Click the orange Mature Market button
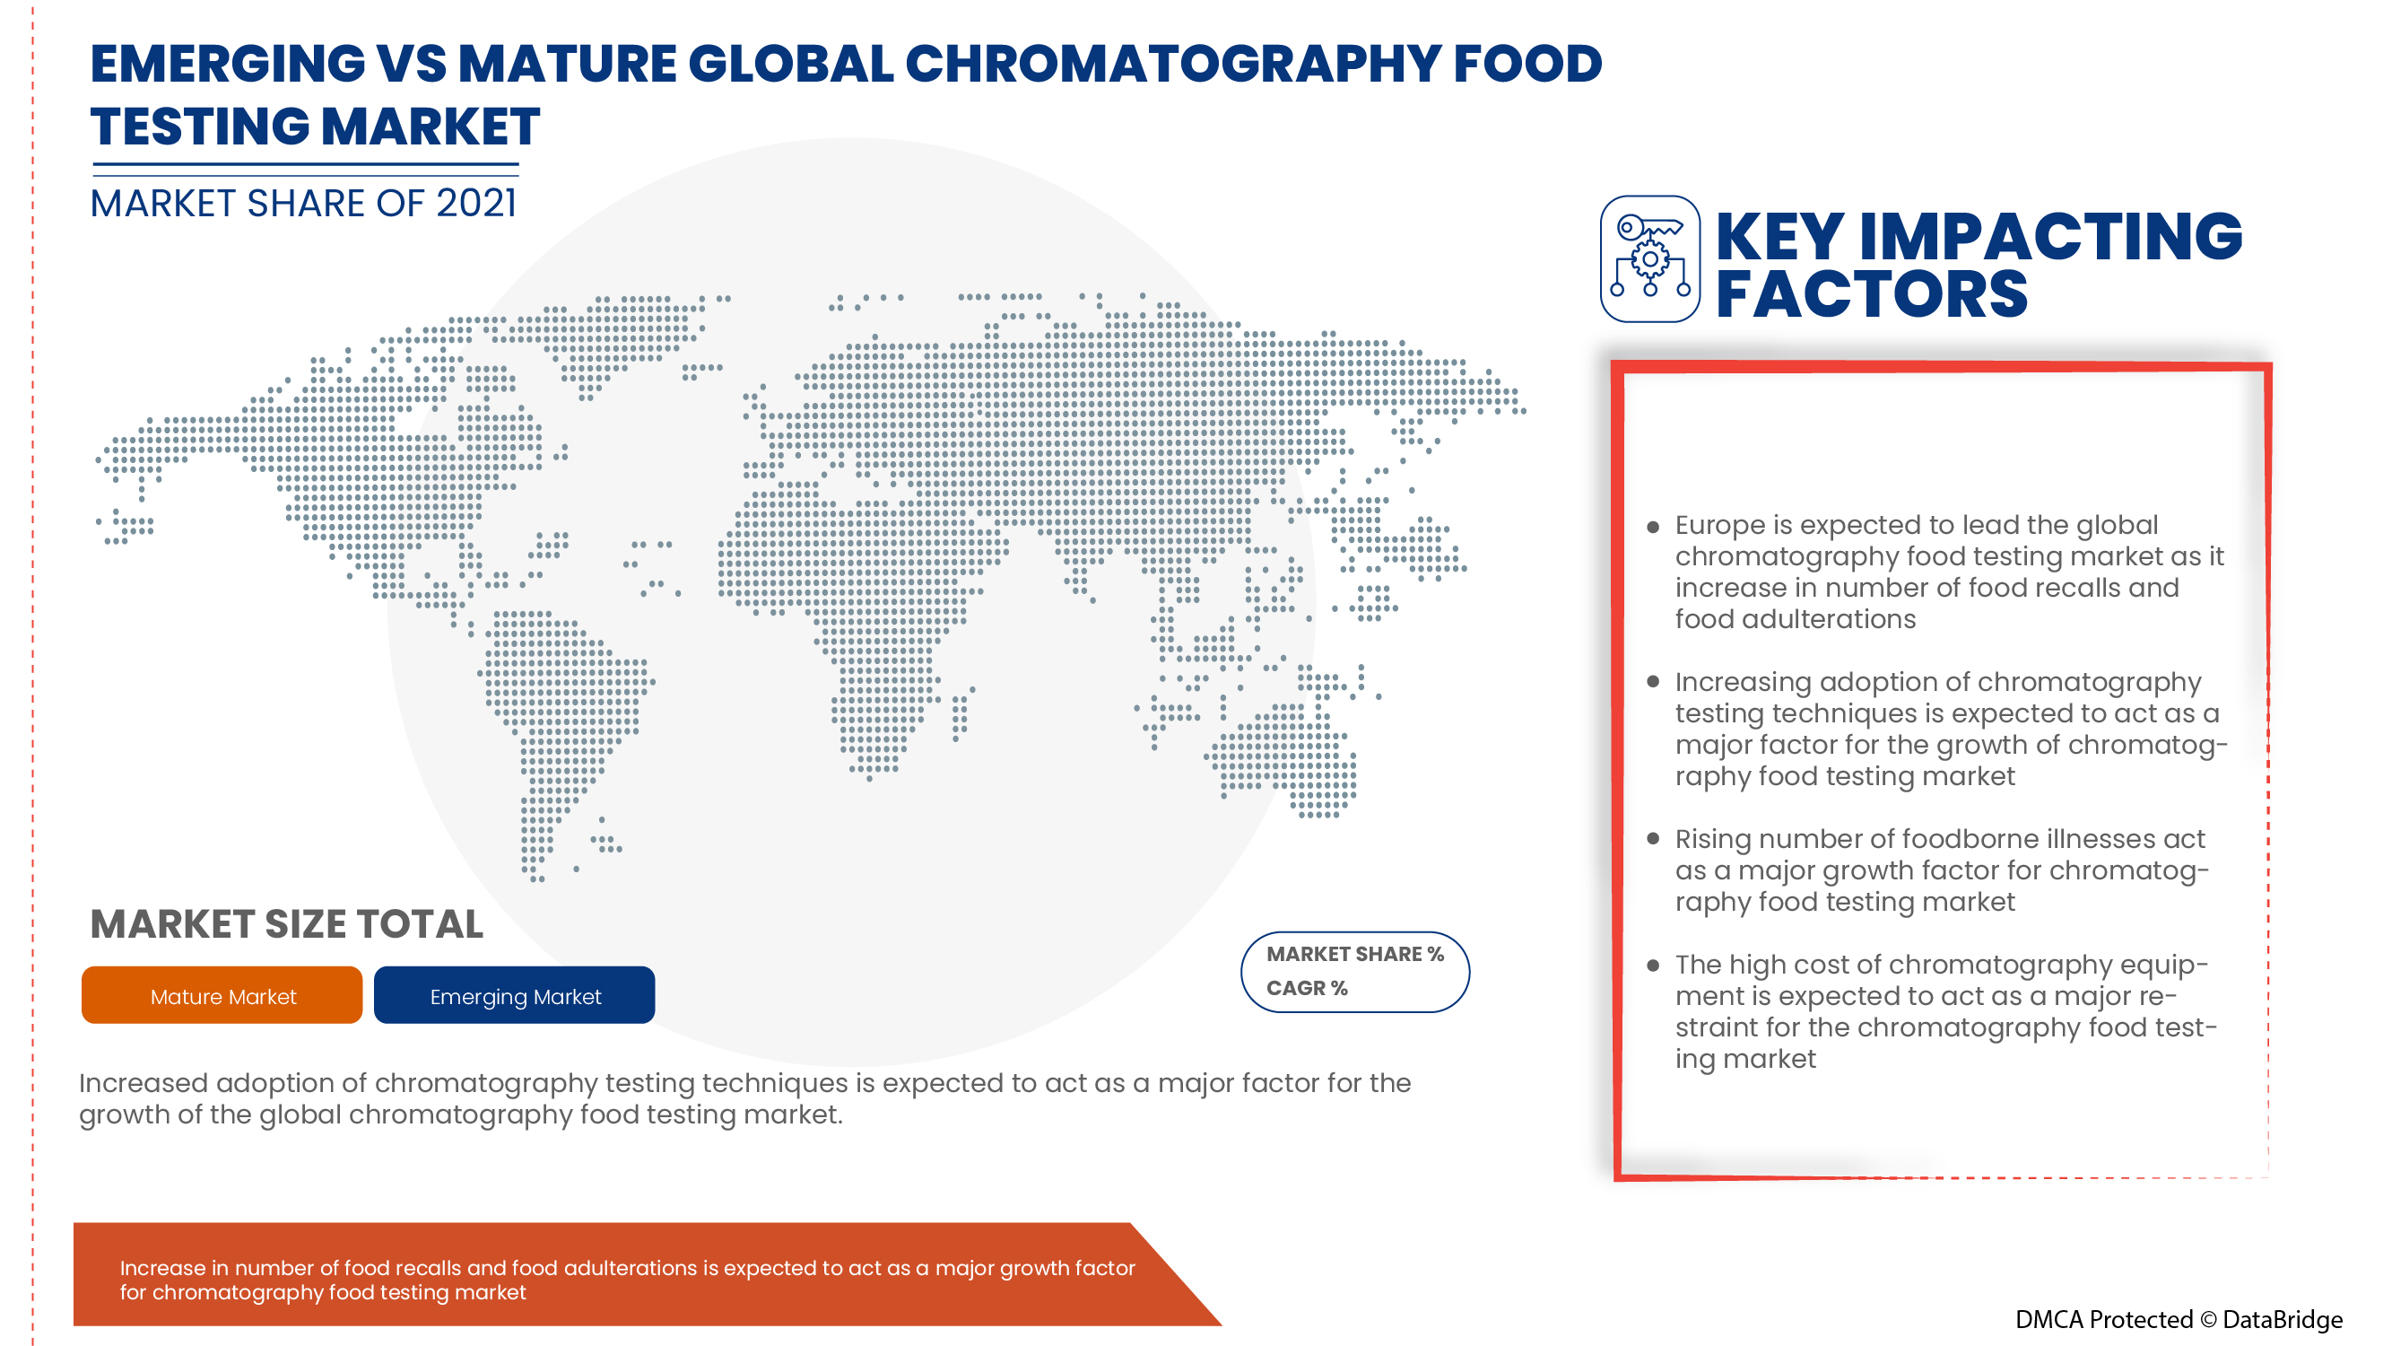pyautogui.click(x=222, y=995)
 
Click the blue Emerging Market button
pyautogui.click(x=515, y=995)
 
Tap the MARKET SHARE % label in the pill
pyautogui.click(x=1355, y=954)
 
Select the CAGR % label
pyautogui.click(x=1307, y=987)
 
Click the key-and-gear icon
pyautogui.click(x=1650, y=259)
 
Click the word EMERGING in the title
pyautogui.click(x=228, y=64)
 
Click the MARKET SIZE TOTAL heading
pyautogui.click(x=287, y=924)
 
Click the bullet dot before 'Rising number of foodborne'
pyautogui.click(x=1653, y=838)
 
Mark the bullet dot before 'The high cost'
pyautogui.click(x=1653, y=966)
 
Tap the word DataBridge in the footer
pyautogui.click(x=2283, y=1320)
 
